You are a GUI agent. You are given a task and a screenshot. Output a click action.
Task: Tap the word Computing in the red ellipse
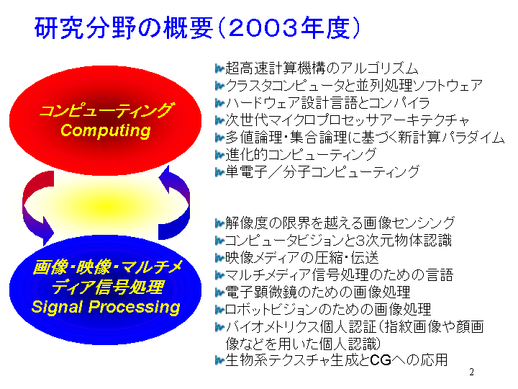[x=106, y=130]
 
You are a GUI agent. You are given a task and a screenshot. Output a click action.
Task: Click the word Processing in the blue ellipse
[x=134, y=307]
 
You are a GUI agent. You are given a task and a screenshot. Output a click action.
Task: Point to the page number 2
[x=471, y=372]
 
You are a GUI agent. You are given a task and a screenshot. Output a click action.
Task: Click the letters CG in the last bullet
[x=381, y=360]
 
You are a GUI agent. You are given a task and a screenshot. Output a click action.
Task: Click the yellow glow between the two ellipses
[x=106, y=206]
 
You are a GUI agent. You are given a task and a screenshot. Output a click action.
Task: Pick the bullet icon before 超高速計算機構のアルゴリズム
[x=219, y=68]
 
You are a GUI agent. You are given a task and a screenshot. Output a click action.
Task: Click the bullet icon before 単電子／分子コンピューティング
[x=219, y=172]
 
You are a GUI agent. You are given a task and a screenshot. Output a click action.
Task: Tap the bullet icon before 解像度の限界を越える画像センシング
[x=219, y=223]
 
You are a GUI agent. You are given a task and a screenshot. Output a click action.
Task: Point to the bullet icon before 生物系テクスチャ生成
[x=219, y=360]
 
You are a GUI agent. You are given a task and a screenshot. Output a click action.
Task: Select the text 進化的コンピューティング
[x=301, y=154]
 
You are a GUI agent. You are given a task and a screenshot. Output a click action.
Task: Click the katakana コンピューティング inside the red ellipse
[x=106, y=110]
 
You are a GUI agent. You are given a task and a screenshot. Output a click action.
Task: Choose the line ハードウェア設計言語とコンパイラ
[x=327, y=103]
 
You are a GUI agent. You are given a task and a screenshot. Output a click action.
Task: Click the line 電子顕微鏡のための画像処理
[x=318, y=292]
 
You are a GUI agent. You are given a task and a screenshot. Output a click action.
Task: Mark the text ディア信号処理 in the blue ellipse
[x=108, y=287]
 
